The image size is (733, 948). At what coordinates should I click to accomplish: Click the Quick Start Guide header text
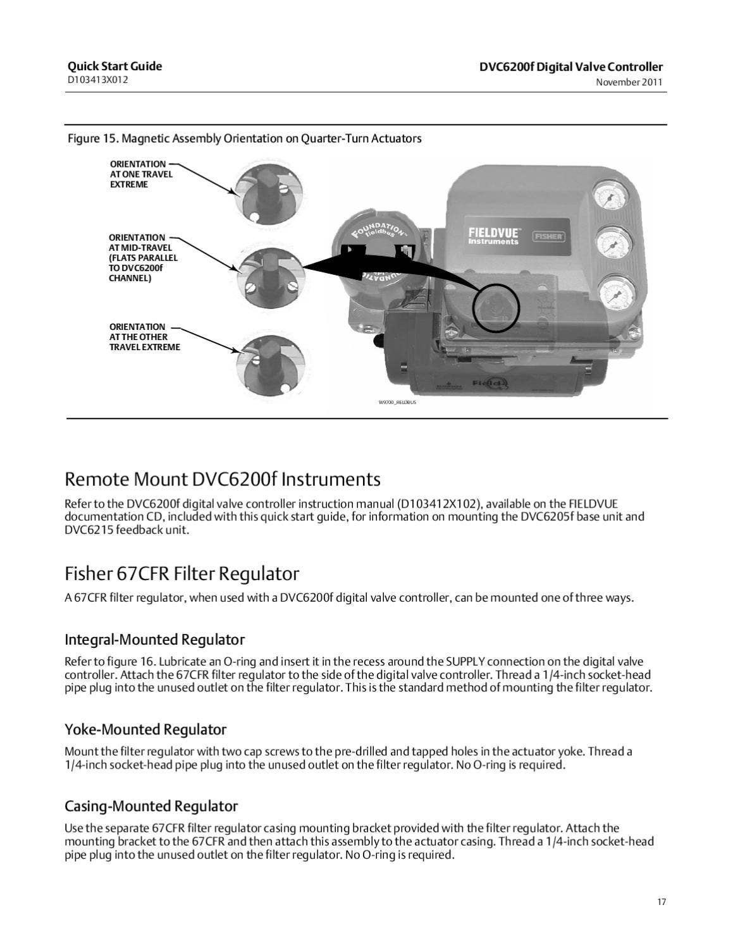[114, 66]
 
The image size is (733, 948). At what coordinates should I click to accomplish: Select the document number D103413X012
[98, 80]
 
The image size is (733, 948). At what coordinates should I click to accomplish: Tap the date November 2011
[629, 82]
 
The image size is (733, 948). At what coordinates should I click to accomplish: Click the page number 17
[661, 902]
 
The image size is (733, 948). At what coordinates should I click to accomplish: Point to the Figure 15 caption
[244, 138]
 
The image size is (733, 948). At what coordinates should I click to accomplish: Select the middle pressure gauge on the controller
[611, 243]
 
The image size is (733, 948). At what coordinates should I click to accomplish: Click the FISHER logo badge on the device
[549, 236]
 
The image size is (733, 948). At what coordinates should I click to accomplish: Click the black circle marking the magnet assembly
[496, 308]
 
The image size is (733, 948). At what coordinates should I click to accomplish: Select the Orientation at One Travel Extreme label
[140, 174]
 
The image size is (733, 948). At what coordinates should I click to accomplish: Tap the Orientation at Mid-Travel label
[143, 258]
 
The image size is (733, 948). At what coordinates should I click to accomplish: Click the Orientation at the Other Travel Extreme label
[144, 337]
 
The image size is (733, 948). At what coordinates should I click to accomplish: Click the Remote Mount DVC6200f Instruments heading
[223, 480]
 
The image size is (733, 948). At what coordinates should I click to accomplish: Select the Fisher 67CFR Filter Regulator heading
[182, 574]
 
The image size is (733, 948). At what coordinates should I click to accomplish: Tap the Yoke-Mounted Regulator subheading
[145, 730]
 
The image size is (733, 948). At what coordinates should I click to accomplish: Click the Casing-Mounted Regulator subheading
[151, 806]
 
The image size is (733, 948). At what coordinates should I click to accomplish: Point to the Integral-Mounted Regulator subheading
[154, 640]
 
